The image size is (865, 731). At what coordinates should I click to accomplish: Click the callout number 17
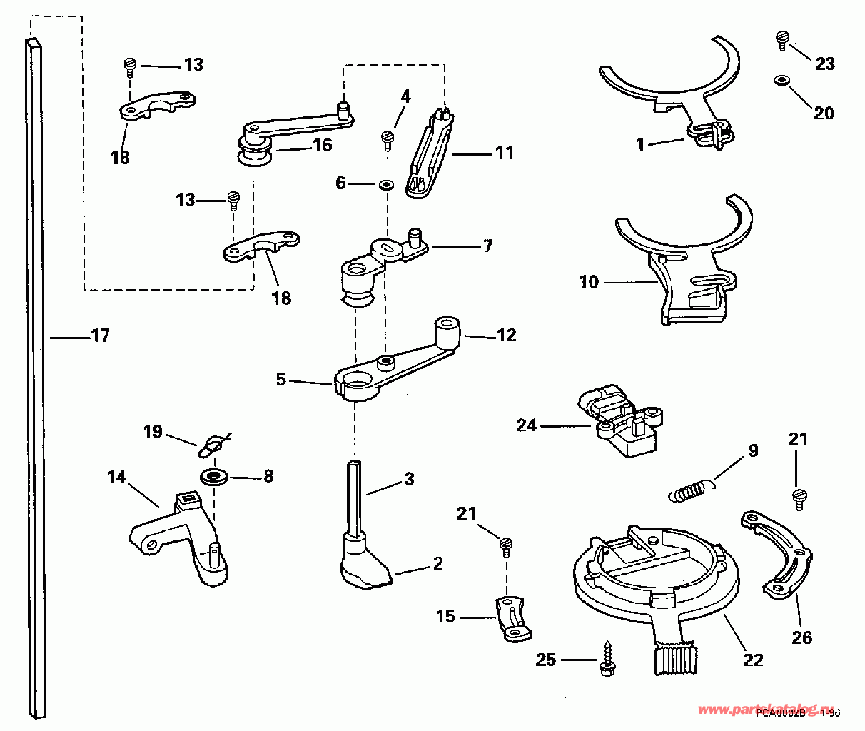pos(100,335)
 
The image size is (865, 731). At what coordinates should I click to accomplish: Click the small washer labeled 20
pos(781,80)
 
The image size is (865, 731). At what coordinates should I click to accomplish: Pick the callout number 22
pos(753,660)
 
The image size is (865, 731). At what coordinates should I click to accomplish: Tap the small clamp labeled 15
pos(514,618)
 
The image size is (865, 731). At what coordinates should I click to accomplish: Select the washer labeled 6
pos(386,185)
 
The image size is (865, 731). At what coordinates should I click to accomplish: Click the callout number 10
pos(588,282)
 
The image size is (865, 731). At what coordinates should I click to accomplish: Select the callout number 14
pos(117,477)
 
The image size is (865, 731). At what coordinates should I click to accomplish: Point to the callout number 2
pos(437,564)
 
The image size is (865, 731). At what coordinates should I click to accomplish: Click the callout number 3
pos(409,479)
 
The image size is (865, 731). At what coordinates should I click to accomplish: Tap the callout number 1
pos(640,144)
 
